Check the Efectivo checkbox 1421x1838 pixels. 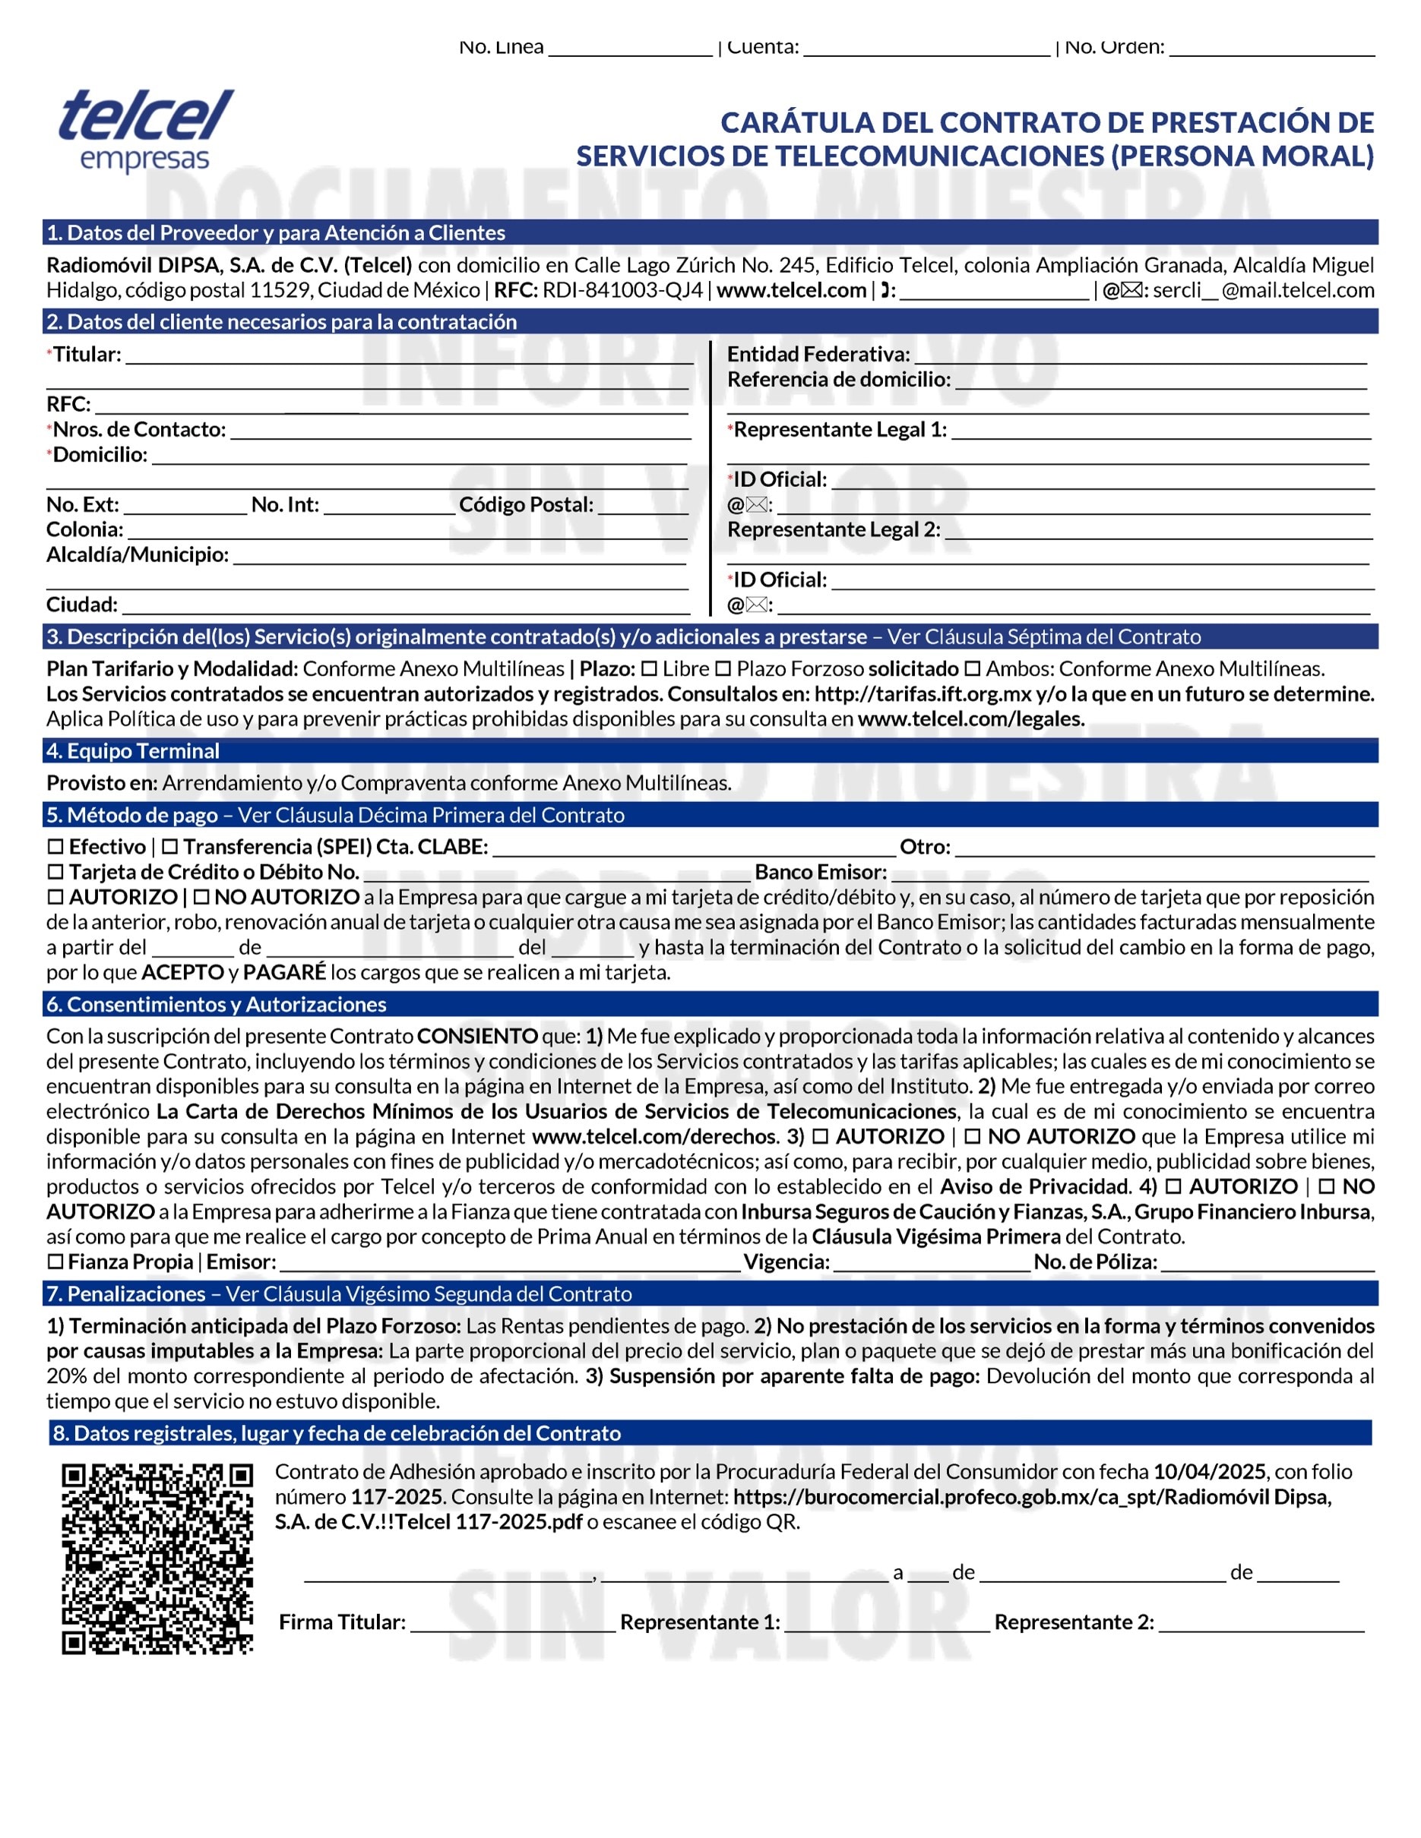[55, 847]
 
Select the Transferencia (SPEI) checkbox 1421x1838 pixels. [170, 847]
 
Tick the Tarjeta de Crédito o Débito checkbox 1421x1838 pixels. [55, 872]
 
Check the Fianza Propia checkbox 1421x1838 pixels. [55, 1262]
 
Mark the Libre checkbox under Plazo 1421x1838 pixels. [649, 669]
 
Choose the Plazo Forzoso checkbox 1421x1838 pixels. [723, 669]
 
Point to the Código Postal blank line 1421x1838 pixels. [643, 507]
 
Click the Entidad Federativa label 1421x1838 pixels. [818, 354]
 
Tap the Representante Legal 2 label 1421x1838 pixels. [834, 529]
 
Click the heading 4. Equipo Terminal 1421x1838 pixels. [133, 750]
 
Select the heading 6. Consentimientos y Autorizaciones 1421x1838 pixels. [217, 1004]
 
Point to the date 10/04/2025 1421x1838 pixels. [1209, 1471]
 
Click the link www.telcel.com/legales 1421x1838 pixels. [970, 718]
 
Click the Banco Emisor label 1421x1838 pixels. [821, 872]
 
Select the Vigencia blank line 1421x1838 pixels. [932, 1265]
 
